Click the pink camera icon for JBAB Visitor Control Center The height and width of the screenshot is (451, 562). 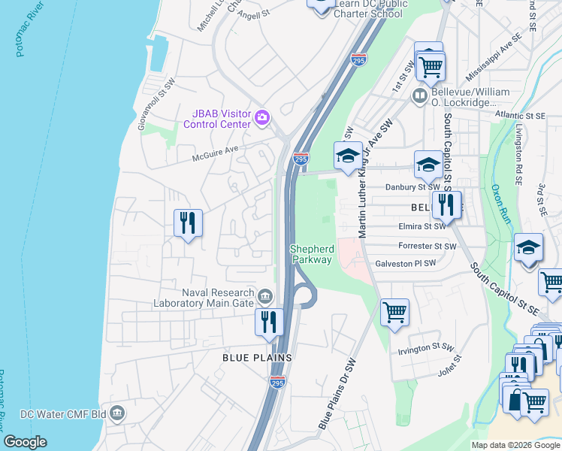pyautogui.click(x=262, y=117)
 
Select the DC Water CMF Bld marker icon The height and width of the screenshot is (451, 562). pyautogui.click(x=117, y=413)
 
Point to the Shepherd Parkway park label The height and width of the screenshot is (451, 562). pyautogui.click(x=311, y=254)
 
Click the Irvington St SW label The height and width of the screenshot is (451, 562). pyautogui.click(x=424, y=348)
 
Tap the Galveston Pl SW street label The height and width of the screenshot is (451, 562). pyautogui.click(x=406, y=263)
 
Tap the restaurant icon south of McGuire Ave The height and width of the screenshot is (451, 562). pyautogui.click(x=188, y=223)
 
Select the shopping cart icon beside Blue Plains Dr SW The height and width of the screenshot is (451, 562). pyautogui.click(x=394, y=310)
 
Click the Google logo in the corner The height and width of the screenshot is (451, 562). pyautogui.click(x=25, y=442)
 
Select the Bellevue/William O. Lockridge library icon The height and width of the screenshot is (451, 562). pyautogui.click(x=419, y=96)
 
